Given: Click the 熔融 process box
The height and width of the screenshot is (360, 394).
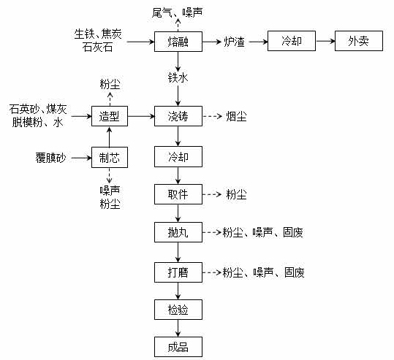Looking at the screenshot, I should (177, 42).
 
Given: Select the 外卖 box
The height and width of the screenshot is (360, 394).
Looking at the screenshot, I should (358, 42).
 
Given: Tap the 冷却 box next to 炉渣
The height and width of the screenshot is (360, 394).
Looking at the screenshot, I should (291, 42).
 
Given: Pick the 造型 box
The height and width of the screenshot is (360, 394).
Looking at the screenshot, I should (110, 115).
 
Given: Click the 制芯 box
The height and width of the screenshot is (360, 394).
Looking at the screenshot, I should (110, 156).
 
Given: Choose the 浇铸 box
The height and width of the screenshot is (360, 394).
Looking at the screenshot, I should (177, 115).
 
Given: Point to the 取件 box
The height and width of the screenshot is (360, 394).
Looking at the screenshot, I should (177, 194).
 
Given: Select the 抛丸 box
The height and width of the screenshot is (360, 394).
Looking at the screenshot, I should (177, 233).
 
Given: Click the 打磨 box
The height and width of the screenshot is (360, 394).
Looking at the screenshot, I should (177, 272).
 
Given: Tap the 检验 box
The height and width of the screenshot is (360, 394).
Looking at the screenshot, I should (177, 310).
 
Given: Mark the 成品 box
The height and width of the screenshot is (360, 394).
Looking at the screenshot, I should (177, 345).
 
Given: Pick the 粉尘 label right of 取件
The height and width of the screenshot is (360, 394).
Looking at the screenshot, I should (236, 194).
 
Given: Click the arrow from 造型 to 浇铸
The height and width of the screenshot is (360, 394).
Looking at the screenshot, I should (141, 115).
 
